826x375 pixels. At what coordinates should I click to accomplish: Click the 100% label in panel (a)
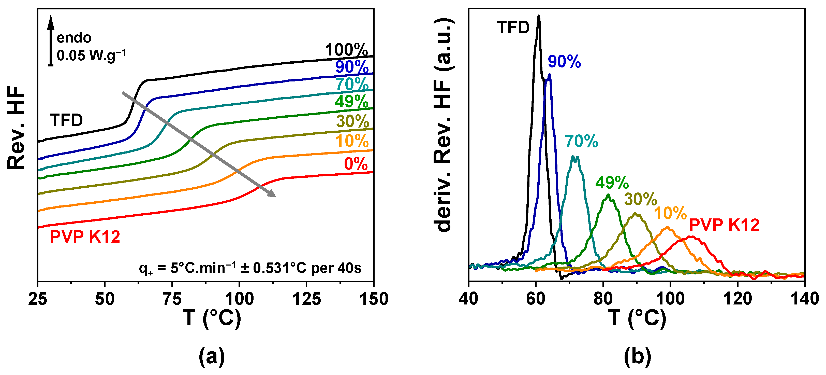pos(346,50)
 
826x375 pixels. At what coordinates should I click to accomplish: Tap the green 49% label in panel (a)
pos(351,102)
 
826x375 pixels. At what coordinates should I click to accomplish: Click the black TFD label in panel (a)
pos(66,121)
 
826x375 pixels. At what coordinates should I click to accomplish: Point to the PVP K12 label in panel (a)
pos(85,237)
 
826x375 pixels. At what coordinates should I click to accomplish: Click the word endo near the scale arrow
pos(74,38)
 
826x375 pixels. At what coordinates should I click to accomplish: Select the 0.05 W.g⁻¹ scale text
pos(91,55)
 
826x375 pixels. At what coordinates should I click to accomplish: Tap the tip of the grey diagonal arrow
pos(275,196)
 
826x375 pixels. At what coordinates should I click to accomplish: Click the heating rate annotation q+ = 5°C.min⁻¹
pos(250,268)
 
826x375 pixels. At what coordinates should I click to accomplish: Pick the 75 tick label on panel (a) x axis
pos(172,299)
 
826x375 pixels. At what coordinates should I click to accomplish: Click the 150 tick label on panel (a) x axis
pos(374,299)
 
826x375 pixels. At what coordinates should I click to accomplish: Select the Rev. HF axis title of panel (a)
pos(16,128)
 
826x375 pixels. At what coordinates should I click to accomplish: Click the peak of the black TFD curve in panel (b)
pos(539,16)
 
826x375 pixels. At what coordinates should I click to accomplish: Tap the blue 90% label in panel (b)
pos(564,62)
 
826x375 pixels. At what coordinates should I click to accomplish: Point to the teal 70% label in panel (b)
pos(581,141)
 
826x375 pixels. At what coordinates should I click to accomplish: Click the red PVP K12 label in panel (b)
pos(724,225)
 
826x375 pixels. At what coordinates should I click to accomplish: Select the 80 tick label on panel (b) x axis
pos(603,299)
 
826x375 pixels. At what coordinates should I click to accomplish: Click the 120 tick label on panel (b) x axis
pos(737,299)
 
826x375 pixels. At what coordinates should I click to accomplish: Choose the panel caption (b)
pos(638,356)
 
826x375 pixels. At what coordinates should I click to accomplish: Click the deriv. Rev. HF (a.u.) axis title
pos(444,125)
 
